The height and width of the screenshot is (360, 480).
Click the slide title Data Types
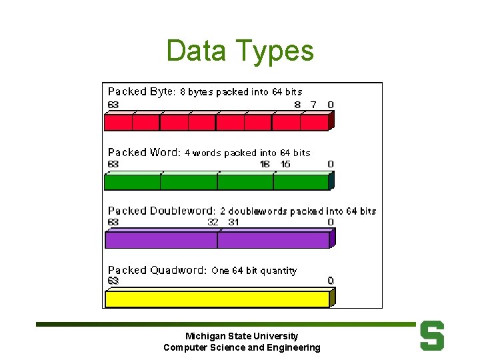tap(239, 51)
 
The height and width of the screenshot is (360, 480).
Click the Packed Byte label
tap(141, 91)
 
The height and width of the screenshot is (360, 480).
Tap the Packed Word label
tap(143, 152)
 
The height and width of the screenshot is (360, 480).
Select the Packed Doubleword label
tap(161, 211)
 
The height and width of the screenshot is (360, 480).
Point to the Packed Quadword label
tap(157, 270)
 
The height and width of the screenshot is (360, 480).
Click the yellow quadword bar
tap(217, 299)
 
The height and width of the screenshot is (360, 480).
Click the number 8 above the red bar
tap(297, 105)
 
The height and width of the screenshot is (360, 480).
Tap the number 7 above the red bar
tap(313, 105)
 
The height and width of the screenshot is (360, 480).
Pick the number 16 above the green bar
tap(265, 164)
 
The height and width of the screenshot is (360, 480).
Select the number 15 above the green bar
tap(285, 164)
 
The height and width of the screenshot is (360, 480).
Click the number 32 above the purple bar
tap(213, 222)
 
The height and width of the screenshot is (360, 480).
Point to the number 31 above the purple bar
tap(233, 222)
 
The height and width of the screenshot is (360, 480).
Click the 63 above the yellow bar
tap(113, 281)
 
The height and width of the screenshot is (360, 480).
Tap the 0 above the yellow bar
tap(331, 281)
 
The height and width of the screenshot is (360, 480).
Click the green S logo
tap(432, 336)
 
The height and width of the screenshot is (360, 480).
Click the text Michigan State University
tap(242, 336)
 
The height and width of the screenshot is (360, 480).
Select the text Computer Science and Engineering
tap(242, 347)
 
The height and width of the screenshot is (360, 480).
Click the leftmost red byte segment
tap(119, 123)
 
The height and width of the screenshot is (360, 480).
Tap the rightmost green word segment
tap(301, 182)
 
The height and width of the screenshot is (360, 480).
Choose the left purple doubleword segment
tap(161, 240)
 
